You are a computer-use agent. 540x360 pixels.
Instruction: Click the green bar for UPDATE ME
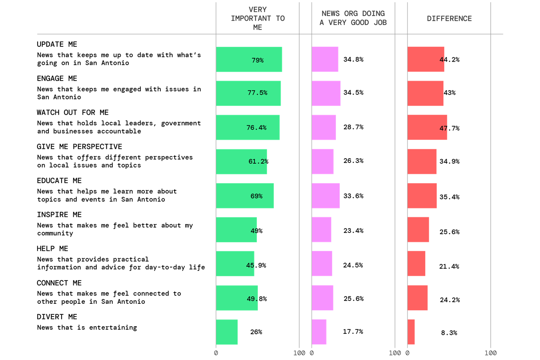[249, 60]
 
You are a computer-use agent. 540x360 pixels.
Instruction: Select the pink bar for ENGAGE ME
[326, 93]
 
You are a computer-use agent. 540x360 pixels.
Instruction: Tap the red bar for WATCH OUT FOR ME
[427, 127]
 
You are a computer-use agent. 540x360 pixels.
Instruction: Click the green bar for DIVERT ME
[227, 332]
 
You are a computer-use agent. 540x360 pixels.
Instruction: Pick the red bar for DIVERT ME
[411, 332]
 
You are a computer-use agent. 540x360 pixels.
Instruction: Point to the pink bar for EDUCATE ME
[326, 195]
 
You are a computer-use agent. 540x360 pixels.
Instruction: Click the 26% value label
[256, 332]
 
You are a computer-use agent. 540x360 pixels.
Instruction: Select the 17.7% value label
[353, 332]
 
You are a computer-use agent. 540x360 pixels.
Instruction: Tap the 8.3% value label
[449, 333]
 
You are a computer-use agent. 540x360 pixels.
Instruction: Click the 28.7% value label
[354, 127]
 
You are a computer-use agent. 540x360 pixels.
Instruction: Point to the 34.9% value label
[449, 161]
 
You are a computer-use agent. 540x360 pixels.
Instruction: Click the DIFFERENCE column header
[449, 19]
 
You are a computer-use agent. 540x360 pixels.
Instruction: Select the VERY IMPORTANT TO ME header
[258, 18]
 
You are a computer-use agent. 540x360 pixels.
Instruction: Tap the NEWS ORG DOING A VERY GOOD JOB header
[353, 18]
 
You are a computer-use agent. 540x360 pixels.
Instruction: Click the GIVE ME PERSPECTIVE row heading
[79, 146]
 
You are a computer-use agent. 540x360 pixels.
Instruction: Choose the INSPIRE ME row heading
[59, 214]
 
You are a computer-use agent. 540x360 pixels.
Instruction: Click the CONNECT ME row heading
[59, 283]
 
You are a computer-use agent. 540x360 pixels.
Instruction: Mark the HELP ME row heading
[53, 249]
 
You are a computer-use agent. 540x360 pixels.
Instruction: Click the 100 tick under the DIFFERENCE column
[491, 353]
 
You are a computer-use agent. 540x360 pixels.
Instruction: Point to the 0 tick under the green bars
[216, 353]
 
